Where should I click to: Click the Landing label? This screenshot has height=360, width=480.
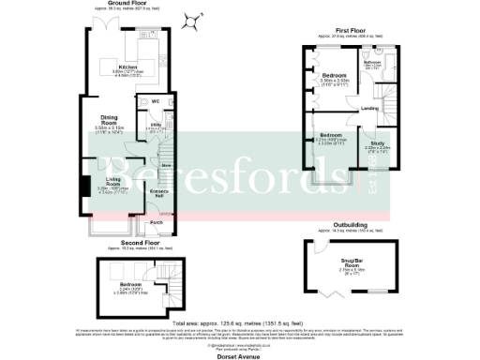tap(369, 110)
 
